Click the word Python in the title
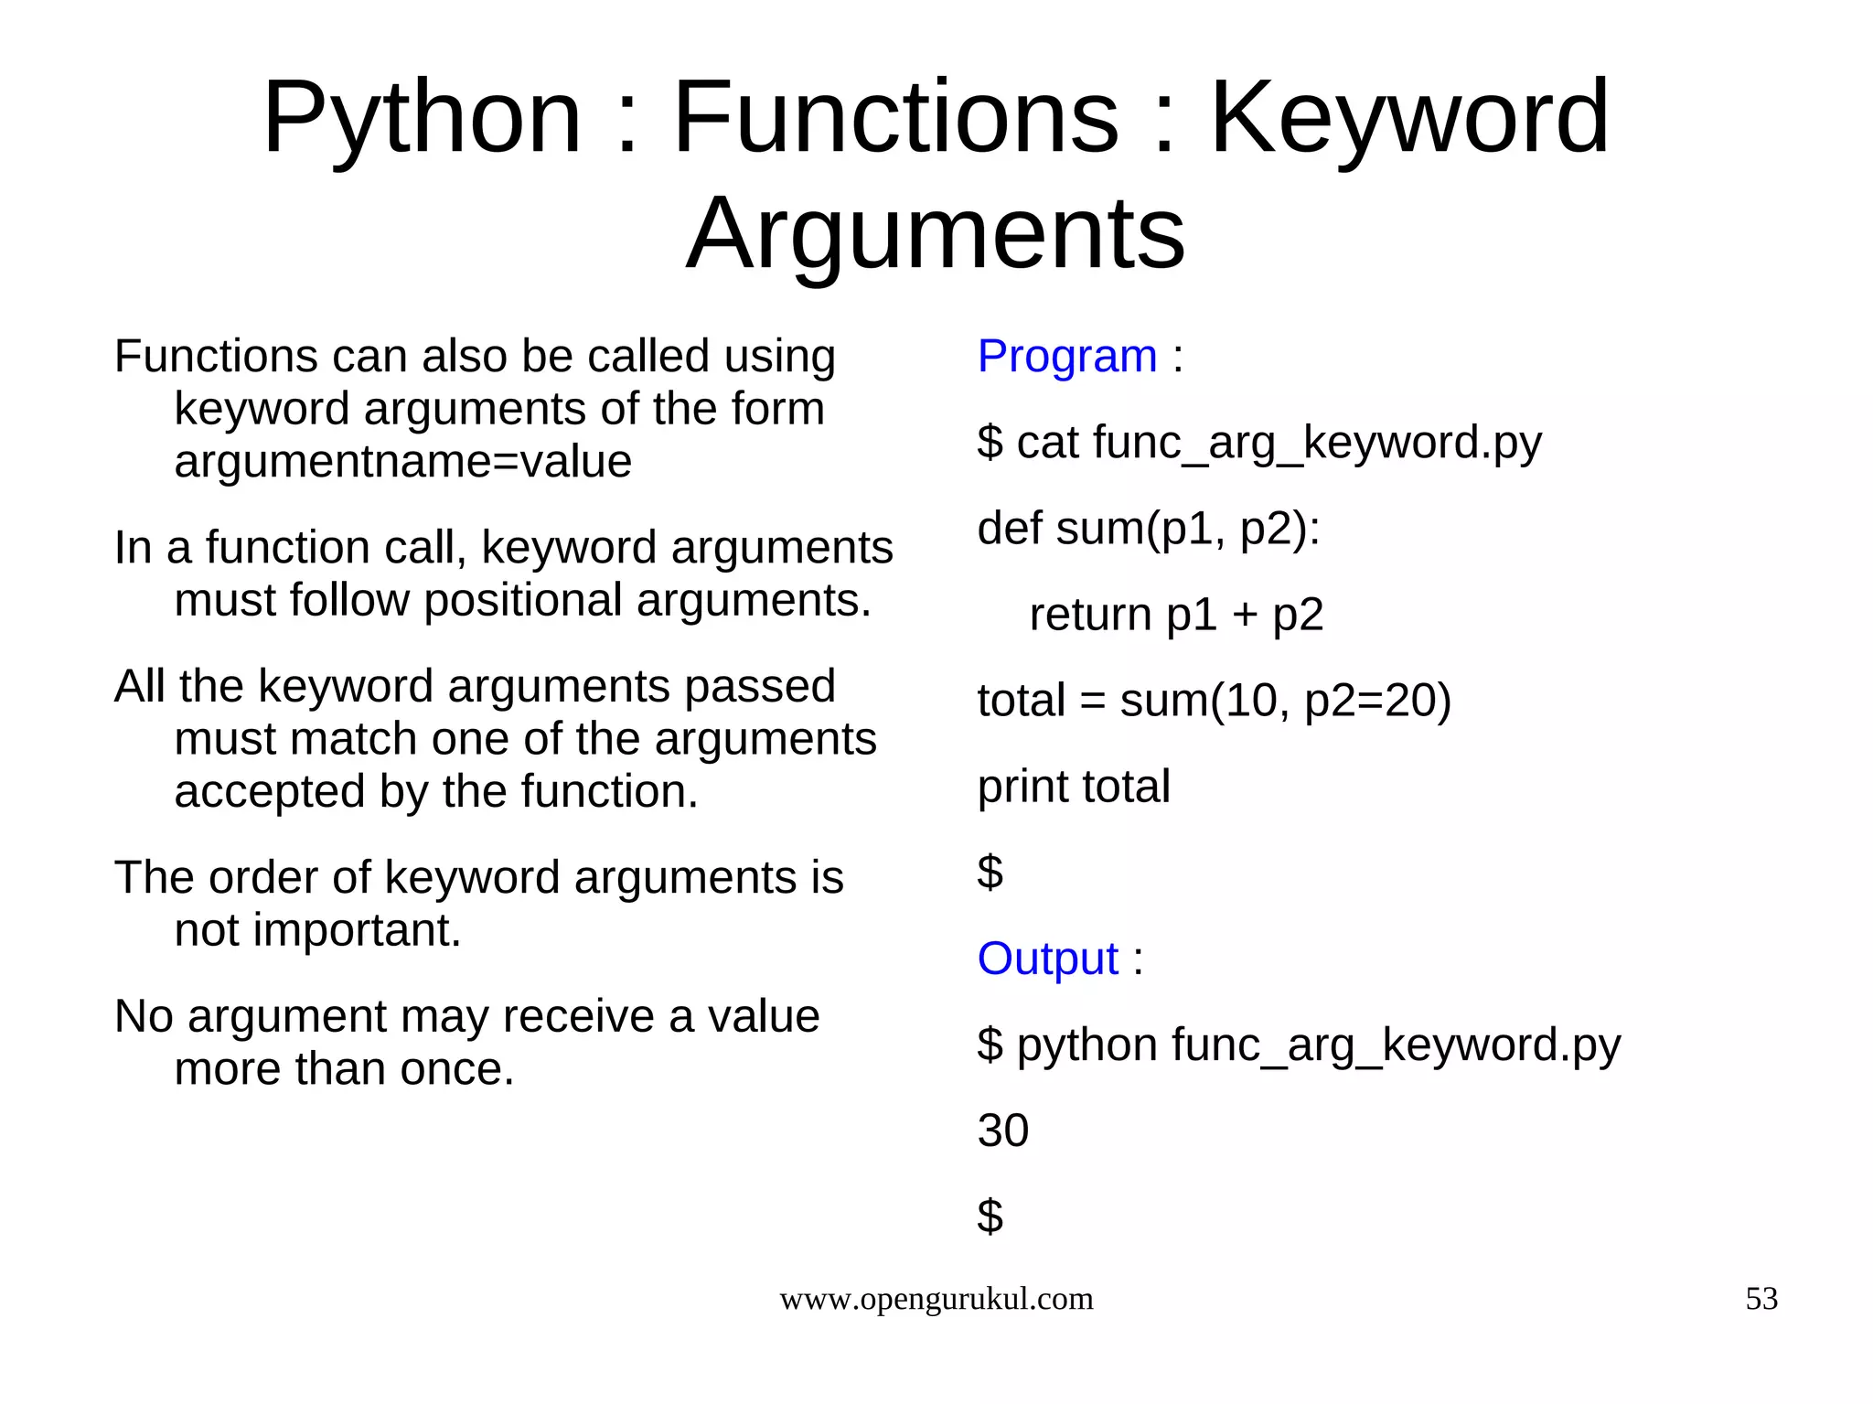(x=422, y=118)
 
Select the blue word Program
(x=1066, y=356)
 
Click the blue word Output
(x=1047, y=959)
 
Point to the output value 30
(x=1002, y=1131)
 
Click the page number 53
(x=1761, y=1298)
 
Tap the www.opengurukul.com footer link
(x=936, y=1299)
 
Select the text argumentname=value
(x=402, y=461)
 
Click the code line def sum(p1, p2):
(x=1148, y=529)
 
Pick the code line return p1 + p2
(x=1176, y=615)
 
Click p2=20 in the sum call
(x=1376, y=701)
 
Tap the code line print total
(x=1073, y=787)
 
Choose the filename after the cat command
(x=1317, y=444)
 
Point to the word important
(x=356, y=930)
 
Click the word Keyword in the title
(x=1409, y=118)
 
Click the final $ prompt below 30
(x=990, y=1216)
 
